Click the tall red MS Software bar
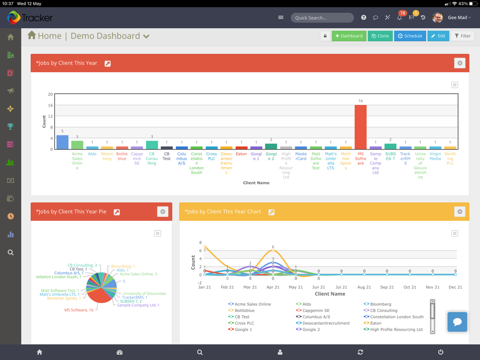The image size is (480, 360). [360, 127]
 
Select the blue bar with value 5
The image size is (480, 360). [62, 142]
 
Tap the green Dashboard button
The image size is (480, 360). [349, 36]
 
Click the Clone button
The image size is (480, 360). [380, 36]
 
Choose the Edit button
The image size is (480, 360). [438, 36]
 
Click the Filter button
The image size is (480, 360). [463, 36]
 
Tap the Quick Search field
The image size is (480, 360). [322, 18]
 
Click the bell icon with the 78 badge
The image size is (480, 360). [399, 18]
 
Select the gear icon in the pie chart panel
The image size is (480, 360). [163, 212]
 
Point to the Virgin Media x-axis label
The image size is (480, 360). [435, 156]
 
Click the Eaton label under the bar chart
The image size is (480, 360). [241, 154]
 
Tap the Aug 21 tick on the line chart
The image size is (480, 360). [364, 287]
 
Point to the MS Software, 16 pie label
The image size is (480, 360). [79, 310]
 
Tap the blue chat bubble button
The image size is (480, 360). [457, 322]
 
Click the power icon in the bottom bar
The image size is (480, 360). [441, 352]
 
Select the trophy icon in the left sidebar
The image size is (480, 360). [11, 127]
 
